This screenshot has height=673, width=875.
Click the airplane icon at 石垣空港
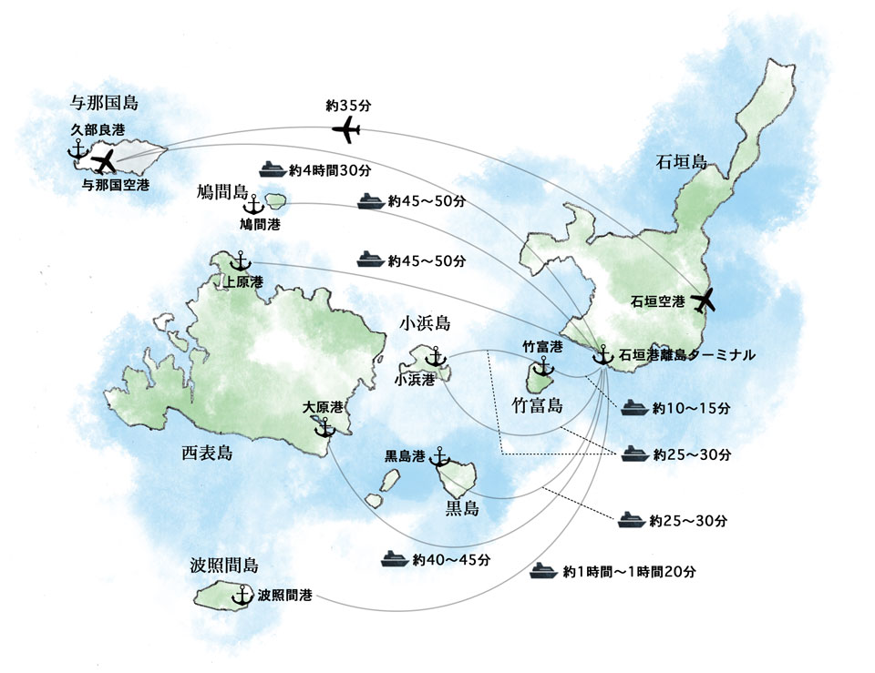pos(704,299)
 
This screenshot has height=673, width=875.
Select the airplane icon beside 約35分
pos(345,130)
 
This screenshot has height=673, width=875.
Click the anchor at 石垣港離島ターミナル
pos(602,356)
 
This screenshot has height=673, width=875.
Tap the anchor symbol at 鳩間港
pos(253,204)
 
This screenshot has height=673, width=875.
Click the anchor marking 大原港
pos(324,424)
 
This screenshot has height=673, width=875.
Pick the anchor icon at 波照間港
pos(242,596)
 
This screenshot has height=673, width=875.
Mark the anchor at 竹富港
pos(543,366)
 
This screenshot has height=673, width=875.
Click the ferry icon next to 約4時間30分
pos(273,168)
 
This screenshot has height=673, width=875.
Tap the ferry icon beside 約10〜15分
pos(634,409)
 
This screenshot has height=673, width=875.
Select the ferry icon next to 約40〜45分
pos(394,557)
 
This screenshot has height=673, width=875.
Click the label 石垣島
pos(681,163)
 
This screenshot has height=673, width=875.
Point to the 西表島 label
pos(207,453)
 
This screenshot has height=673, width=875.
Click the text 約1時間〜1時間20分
pos(629,572)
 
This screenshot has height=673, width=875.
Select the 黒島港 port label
pos(406,455)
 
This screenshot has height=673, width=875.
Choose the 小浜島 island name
pos(425,323)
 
